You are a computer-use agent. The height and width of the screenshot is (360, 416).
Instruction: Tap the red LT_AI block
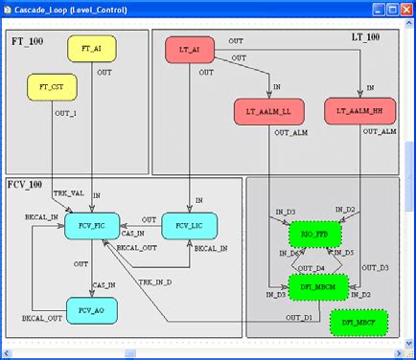tap(190, 50)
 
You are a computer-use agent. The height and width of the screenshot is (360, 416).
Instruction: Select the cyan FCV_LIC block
tap(188, 227)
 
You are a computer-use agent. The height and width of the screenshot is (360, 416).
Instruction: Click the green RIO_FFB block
tap(314, 232)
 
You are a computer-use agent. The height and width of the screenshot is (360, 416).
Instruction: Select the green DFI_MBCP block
tap(359, 323)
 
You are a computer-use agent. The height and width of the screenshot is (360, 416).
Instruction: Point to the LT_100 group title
tap(367, 37)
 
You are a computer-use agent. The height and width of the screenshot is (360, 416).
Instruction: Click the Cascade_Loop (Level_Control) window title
tap(73, 10)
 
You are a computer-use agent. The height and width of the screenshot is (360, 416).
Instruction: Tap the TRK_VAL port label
tap(68, 193)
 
